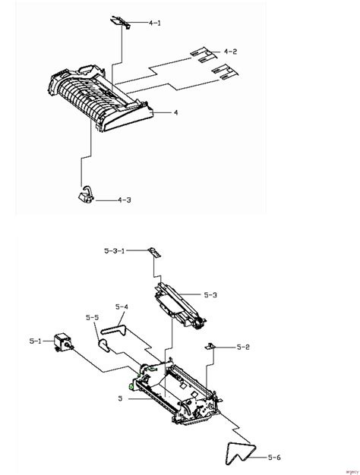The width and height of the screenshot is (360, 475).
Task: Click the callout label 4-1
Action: pos(155,24)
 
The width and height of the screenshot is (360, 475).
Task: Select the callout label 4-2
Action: pos(230,52)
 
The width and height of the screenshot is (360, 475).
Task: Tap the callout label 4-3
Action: pos(123,200)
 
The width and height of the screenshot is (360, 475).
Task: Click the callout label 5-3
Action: pos(210,294)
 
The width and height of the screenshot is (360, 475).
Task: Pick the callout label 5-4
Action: pos(122,307)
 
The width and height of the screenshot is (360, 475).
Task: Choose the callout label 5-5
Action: pos(93,317)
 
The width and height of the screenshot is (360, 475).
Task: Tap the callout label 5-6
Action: pos(273,456)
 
